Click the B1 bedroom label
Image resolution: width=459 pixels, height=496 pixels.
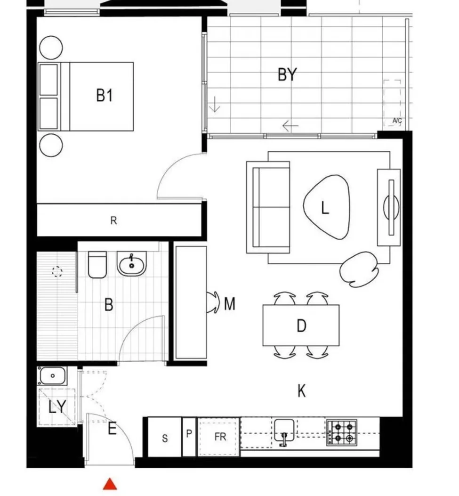pos(105,96)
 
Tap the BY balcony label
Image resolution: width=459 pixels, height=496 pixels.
pos(287,74)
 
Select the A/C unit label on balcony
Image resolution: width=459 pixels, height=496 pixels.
pos(397,122)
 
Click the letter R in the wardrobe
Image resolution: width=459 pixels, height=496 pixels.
pos(113,220)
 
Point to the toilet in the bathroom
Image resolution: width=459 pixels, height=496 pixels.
pos(97,264)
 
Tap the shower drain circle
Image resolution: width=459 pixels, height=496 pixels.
pos(57,271)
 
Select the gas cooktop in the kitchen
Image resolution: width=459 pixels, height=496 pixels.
pos(342,432)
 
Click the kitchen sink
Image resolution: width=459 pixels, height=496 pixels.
pos(284,430)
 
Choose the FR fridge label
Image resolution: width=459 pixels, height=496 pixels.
pos(220,437)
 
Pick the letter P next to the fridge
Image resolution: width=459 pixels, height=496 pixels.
pos(189,434)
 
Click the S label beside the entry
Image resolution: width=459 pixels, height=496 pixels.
pos(165,439)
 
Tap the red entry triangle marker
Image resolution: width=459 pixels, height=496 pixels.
pos(110,484)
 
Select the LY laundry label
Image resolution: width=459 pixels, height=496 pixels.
pos(57,407)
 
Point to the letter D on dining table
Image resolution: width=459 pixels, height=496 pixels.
pos(301,325)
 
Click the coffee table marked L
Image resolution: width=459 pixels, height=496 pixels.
pos(326,207)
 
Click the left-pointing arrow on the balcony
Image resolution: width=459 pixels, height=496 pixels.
pos(290,126)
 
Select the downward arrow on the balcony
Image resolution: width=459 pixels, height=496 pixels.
pos(215,104)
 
